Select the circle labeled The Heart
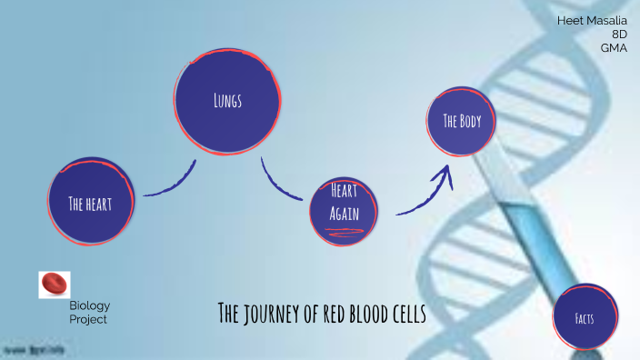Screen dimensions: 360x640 click(x=91, y=203)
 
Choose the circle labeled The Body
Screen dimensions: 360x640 click(x=461, y=122)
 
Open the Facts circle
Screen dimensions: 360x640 click(x=585, y=317)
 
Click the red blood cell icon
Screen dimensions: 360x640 click(x=54, y=285)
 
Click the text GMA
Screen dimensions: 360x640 click(x=615, y=47)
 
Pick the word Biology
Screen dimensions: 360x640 click(x=89, y=305)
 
